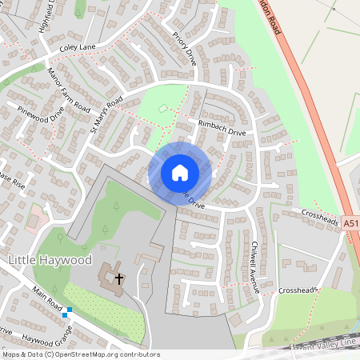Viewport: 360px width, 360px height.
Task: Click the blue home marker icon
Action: (180, 172)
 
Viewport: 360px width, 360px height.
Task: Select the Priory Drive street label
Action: (184, 49)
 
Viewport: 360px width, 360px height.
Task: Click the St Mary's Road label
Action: (106, 114)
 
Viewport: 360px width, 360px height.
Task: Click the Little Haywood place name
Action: (50, 261)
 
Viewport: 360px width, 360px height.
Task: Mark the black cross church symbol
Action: (119, 279)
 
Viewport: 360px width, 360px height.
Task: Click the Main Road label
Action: (48, 301)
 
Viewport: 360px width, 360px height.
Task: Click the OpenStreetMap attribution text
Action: (81, 354)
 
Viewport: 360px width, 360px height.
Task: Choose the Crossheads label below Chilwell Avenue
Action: (298, 290)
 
